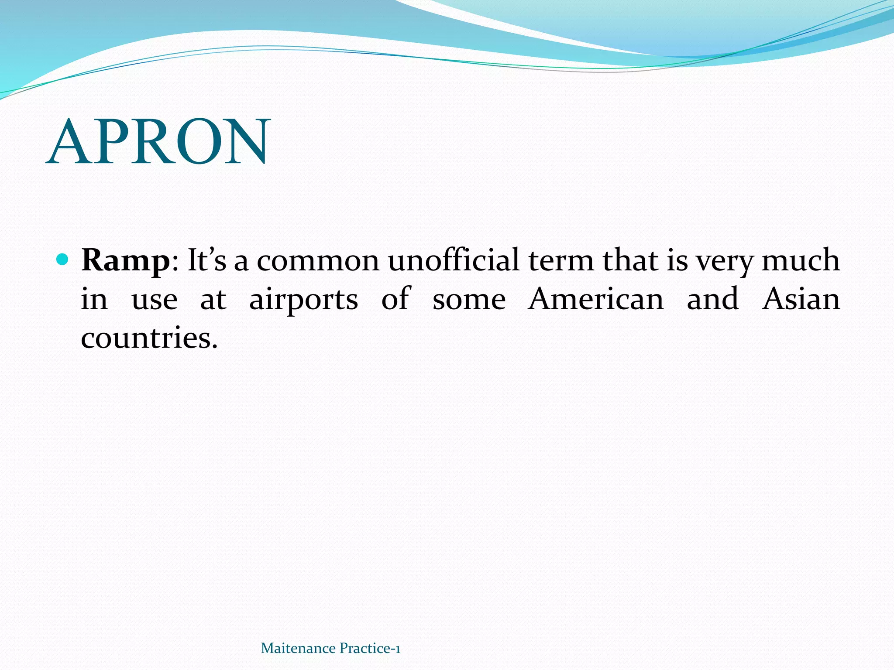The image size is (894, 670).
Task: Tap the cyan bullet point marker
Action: (63, 260)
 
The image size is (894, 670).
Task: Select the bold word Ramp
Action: (125, 261)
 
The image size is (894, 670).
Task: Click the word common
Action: (318, 261)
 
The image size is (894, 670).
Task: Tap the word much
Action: (801, 261)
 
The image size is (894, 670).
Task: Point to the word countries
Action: (148, 338)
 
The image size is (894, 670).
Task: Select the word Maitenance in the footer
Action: (298, 649)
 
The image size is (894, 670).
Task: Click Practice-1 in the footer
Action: (370, 649)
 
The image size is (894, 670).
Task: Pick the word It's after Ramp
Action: (207, 261)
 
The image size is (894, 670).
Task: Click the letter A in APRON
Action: (69, 142)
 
